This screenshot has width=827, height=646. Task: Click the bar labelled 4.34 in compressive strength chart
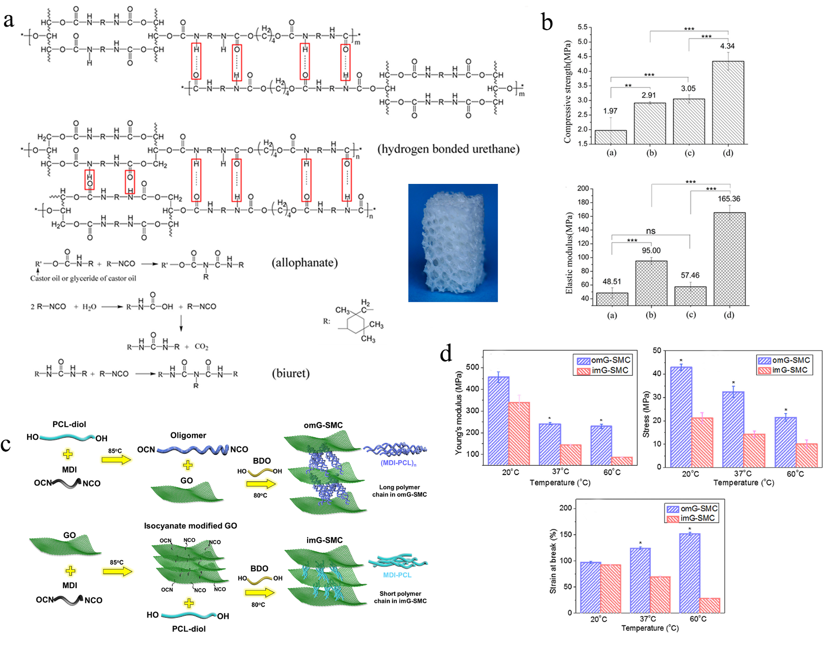(x=728, y=103)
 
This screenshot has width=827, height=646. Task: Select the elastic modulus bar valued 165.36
(x=729, y=258)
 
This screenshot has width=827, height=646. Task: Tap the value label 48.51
(x=612, y=282)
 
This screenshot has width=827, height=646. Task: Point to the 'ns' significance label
(x=651, y=231)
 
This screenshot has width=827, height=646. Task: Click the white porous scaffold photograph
(x=453, y=243)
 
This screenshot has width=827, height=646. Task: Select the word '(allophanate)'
(x=305, y=263)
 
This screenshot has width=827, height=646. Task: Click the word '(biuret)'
(x=290, y=373)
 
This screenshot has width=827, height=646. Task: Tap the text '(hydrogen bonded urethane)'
(x=448, y=149)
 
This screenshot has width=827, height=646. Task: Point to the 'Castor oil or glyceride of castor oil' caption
(x=83, y=278)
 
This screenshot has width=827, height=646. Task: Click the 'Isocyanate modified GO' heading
(x=190, y=526)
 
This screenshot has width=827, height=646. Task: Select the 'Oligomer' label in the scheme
(x=188, y=436)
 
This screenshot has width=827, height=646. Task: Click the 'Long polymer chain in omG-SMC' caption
(x=399, y=491)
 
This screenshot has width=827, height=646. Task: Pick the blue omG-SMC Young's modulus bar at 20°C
(x=498, y=420)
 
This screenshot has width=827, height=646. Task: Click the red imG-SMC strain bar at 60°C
(x=710, y=605)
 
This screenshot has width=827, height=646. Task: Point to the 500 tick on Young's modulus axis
(x=472, y=367)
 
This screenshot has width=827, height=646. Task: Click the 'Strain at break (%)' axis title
(x=553, y=561)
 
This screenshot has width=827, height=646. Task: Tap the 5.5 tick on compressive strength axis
(x=582, y=27)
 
